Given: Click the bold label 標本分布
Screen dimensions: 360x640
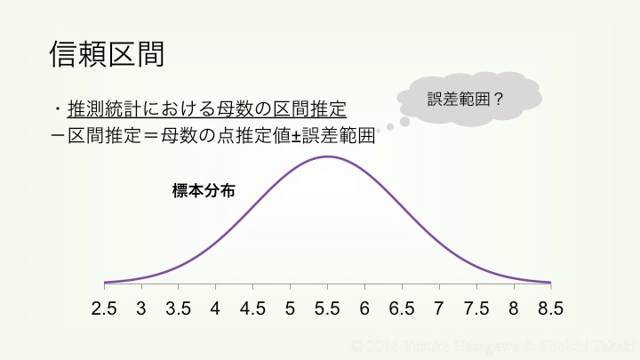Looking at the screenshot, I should click(x=204, y=190).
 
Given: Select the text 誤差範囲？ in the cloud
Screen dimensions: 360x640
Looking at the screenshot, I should click(x=466, y=100).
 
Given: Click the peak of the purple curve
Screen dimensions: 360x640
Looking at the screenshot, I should click(x=328, y=156).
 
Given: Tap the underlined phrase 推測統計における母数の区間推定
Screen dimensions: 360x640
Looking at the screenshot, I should click(x=206, y=110).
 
